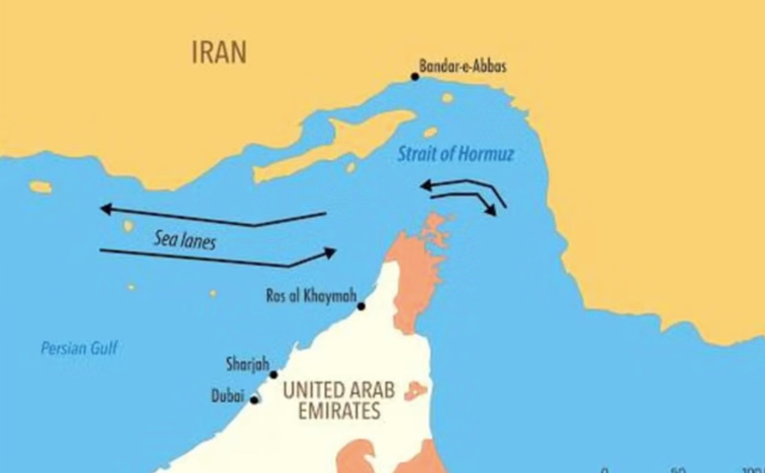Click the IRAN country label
pos(219,52)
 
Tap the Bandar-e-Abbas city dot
pos(415,76)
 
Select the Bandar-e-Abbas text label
pos(463,65)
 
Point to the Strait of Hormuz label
pos(455,154)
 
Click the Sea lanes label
pos(184,240)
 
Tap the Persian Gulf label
pos(79,348)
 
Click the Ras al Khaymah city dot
pos(361,307)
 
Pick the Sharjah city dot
pos(273,375)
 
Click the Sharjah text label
pos(247,365)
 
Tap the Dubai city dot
pos(254,400)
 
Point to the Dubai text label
pos(228,397)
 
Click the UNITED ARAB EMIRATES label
pos(339,400)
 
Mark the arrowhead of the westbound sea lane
pos(106,208)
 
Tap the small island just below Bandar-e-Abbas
pos(447,98)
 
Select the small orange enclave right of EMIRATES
pos(416,390)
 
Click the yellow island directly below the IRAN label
pos(40,187)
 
